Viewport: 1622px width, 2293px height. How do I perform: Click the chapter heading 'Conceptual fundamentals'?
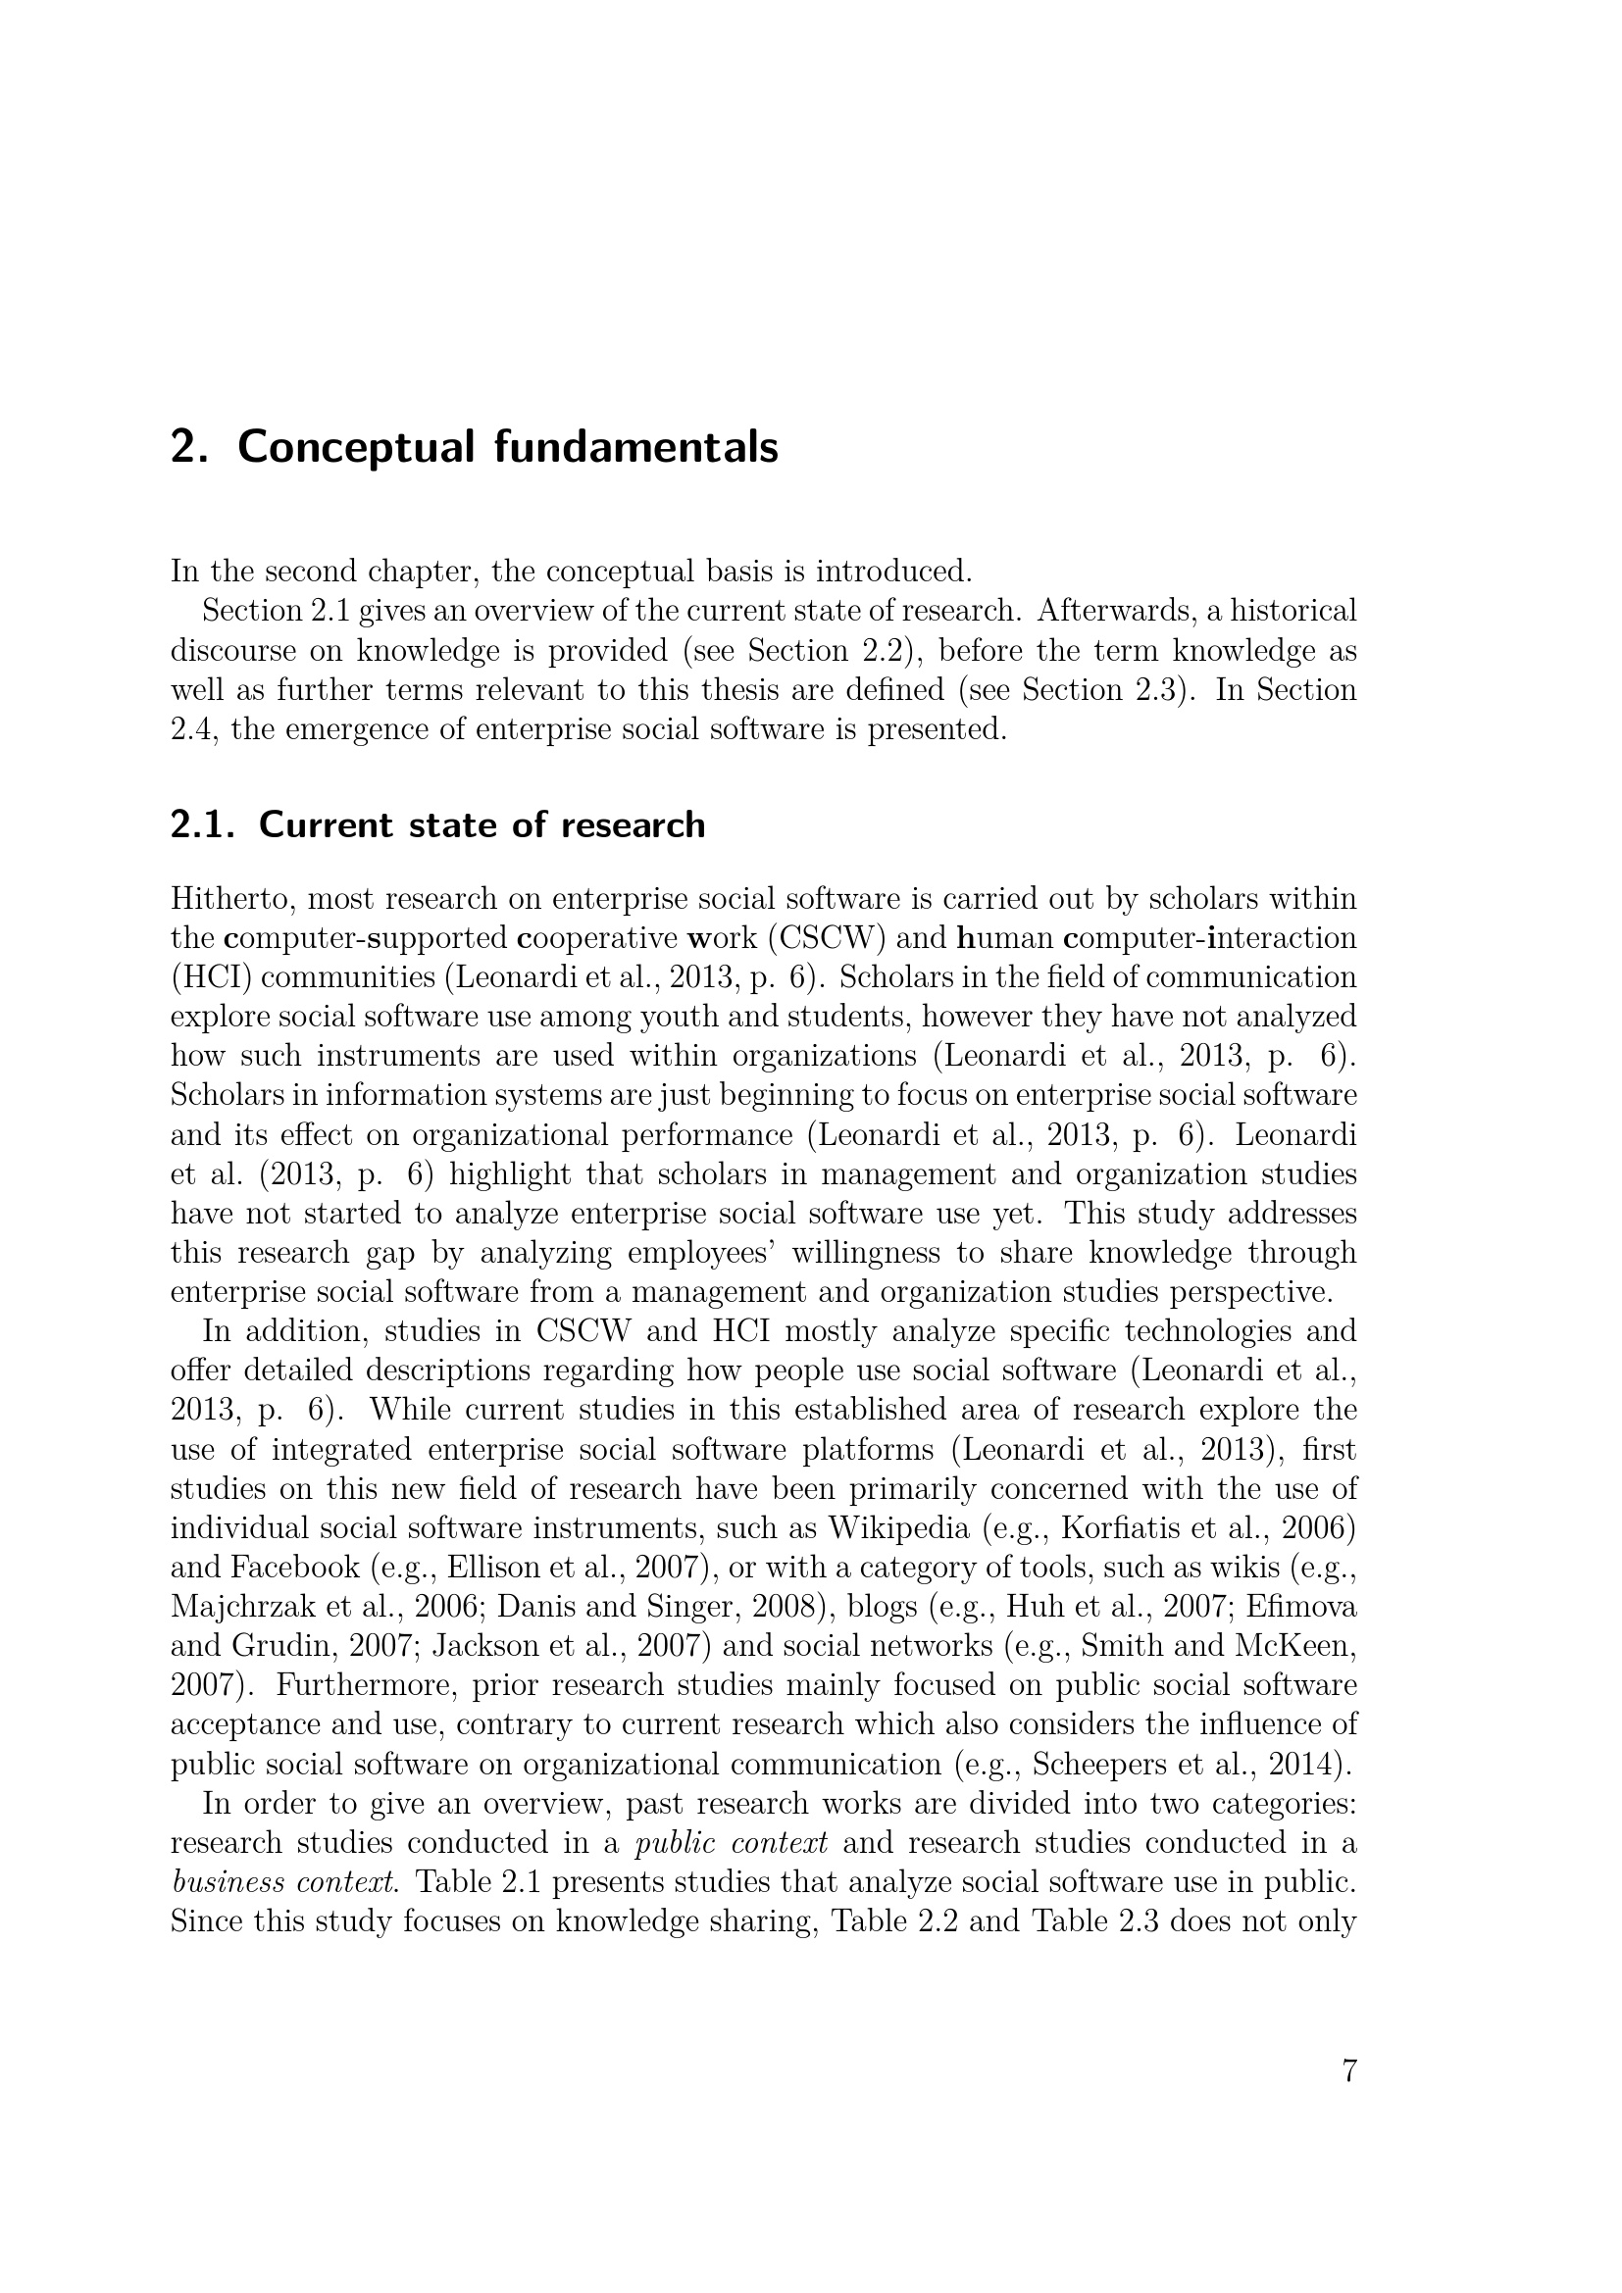(x=507, y=446)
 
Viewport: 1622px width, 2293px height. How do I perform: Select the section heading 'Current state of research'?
(x=482, y=824)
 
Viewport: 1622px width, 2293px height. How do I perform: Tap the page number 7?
(x=1348, y=2072)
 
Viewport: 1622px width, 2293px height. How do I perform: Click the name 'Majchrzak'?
(x=236, y=1607)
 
